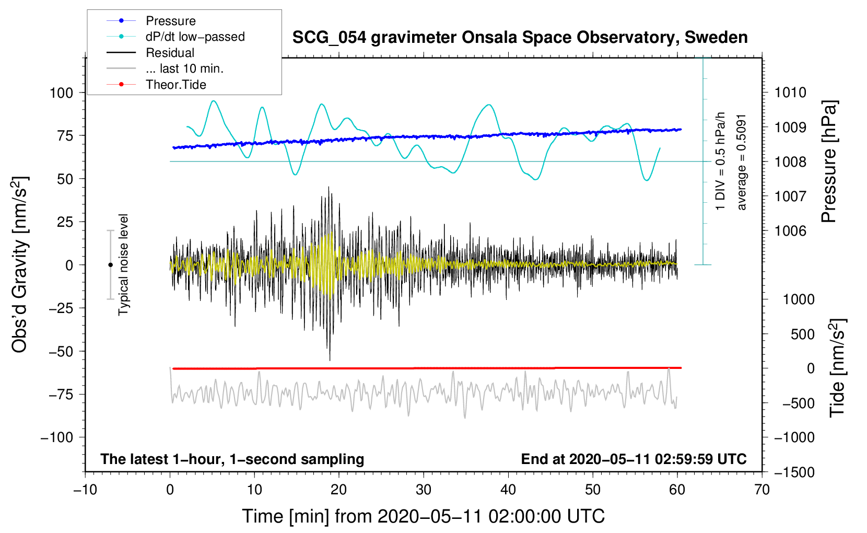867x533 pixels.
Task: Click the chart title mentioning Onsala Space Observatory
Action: pyautogui.click(x=520, y=38)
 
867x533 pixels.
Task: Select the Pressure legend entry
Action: pyautogui.click(x=170, y=21)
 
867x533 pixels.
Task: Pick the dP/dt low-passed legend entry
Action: pyautogui.click(x=195, y=37)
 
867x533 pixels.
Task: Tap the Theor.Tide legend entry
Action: pyautogui.click(x=175, y=85)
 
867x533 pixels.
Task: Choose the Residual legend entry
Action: pyautogui.click(x=170, y=53)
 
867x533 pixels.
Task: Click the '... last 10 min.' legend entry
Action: pyautogui.click(x=184, y=68)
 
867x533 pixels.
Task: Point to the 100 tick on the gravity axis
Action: pyautogui.click(x=61, y=92)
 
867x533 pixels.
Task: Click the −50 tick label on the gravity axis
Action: pyautogui.click(x=61, y=351)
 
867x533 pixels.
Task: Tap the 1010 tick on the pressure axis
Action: pyautogui.click(x=790, y=92)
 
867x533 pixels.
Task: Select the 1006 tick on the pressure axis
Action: pyautogui.click(x=790, y=230)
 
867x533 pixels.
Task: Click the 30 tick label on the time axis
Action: pyautogui.click(x=424, y=490)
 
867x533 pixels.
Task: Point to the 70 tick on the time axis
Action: pyautogui.click(x=762, y=490)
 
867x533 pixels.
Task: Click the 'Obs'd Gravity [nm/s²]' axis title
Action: pyautogui.click(x=19, y=264)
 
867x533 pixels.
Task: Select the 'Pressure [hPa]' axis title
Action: pyautogui.click(x=829, y=162)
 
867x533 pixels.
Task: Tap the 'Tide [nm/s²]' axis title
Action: pyautogui.click(x=837, y=367)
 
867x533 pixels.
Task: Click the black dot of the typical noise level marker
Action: pyautogui.click(x=110, y=265)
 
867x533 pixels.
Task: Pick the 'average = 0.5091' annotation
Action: pyautogui.click(x=741, y=162)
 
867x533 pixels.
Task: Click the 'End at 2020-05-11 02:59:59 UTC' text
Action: pyautogui.click(x=634, y=459)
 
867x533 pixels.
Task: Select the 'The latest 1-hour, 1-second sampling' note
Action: pyautogui.click(x=232, y=459)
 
